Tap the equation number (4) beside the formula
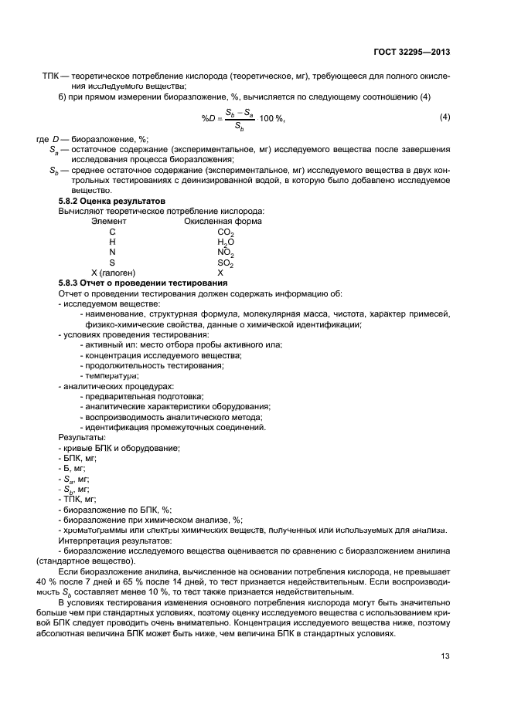[x=445, y=117]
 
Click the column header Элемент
[x=109, y=221]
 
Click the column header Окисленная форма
[x=223, y=221]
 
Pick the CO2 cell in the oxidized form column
[x=225, y=232]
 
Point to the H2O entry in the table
[x=225, y=242]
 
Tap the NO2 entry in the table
[x=225, y=253]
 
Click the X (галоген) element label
[x=113, y=273]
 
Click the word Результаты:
[x=82, y=438]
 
